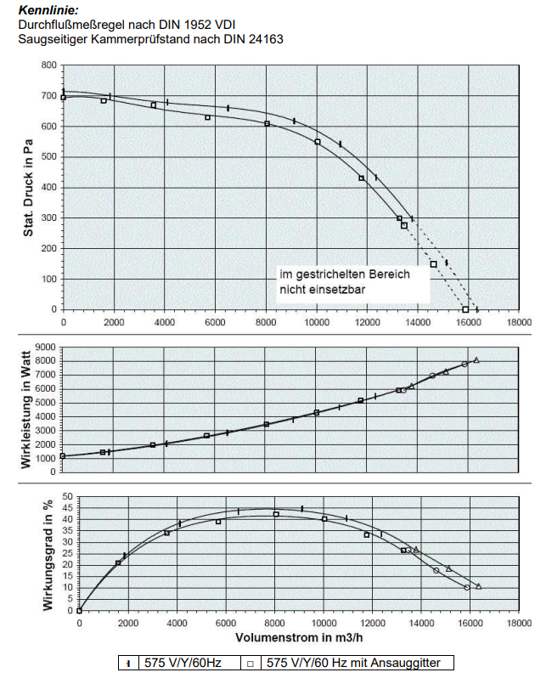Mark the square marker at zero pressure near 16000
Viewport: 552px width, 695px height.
[x=465, y=309]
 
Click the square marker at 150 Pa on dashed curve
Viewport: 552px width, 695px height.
[x=434, y=264]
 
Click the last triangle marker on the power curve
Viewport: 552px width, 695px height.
[x=476, y=360]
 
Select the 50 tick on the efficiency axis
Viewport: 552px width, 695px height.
[x=65, y=495]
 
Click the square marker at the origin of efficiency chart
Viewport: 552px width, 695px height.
[x=79, y=610]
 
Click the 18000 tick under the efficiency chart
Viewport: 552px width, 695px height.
[x=519, y=623]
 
